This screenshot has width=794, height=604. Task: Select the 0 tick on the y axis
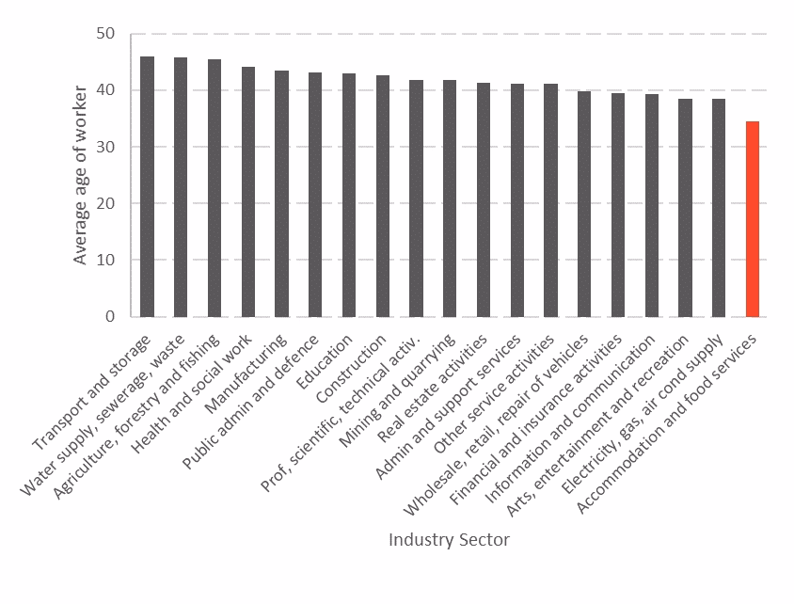(109, 316)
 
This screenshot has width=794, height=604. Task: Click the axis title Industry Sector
(449, 540)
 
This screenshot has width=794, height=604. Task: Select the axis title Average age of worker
(81, 175)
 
